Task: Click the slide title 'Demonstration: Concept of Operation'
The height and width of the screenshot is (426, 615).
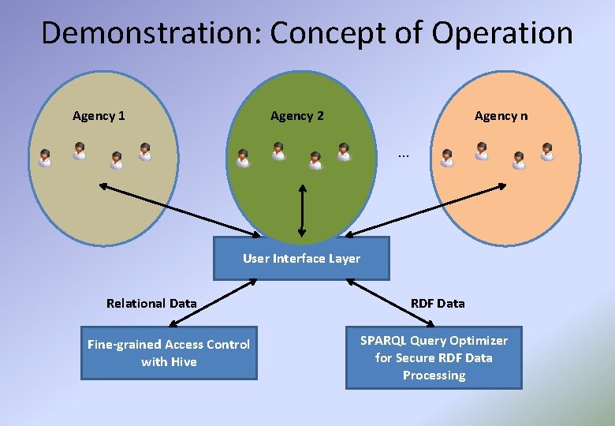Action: pos(307,33)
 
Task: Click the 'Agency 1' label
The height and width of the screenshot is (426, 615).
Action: pos(99,116)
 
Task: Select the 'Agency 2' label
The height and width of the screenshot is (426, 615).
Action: pos(296,116)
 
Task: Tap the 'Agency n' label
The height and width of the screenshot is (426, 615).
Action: pos(501,116)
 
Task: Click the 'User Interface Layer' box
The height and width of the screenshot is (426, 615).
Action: pos(301,259)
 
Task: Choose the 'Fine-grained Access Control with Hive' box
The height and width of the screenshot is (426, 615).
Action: pos(169,353)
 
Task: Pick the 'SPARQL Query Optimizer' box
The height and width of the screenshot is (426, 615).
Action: pos(434,357)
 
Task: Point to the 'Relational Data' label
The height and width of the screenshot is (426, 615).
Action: pos(151,303)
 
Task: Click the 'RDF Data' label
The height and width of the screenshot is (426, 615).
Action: pos(438,303)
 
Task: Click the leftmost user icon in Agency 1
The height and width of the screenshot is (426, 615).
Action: pos(45,159)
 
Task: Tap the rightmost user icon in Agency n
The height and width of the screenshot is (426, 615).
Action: pos(546,151)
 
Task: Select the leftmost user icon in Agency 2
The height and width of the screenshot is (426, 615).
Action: pos(243,159)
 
